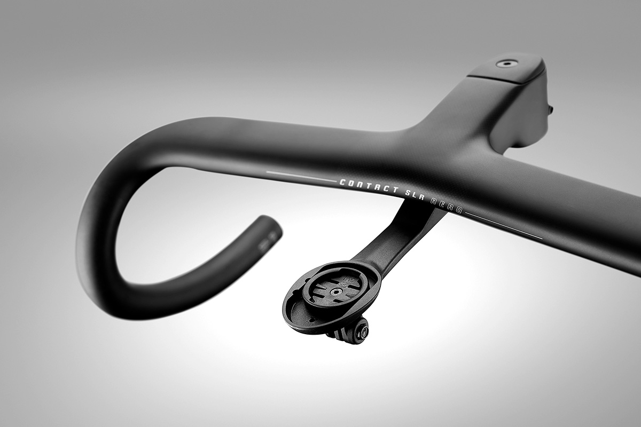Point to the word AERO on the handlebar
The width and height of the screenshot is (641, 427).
click(447, 206)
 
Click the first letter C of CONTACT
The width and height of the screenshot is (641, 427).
click(343, 182)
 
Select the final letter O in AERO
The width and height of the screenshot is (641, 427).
click(459, 210)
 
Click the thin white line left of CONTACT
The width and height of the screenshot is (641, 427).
click(302, 177)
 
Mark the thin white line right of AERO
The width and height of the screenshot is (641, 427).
click(504, 226)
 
